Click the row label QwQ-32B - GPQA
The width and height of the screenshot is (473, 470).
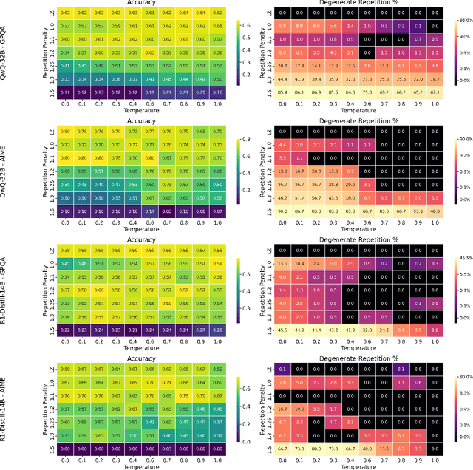click(x=6, y=55)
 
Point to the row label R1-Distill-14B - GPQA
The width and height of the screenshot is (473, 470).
click(x=6, y=289)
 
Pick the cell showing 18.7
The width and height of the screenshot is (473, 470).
click(x=435, y=78)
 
